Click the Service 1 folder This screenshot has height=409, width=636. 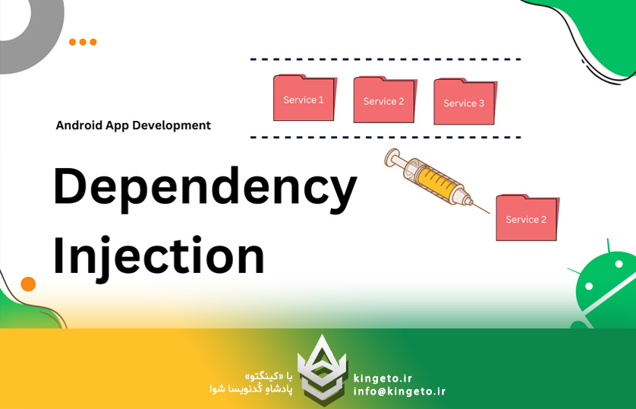click(304, 99)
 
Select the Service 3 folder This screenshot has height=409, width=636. click(464, 102)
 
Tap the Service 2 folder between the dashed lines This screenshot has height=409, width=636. click(384, 100)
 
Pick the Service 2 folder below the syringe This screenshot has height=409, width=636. click(527, 218)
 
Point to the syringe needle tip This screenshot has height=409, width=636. click(489, 212)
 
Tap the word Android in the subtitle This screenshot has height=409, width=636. click(80, 125)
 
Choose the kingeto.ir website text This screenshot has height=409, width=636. click(383, 378)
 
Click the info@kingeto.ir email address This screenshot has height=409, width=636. click(399, 392)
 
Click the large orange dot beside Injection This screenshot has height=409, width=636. click(28, 284)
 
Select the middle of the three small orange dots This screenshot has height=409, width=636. click(83, 43)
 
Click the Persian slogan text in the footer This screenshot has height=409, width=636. click(250, 383)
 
